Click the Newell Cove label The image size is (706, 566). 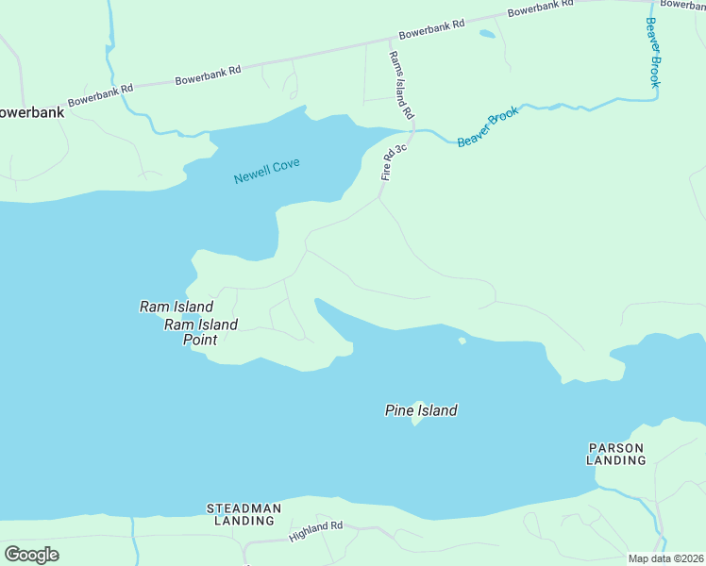click(267, 171)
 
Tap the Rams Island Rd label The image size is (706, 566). click(402, 85)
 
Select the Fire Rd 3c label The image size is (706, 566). click(394, 162)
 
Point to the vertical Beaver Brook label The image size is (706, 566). click(651, 53)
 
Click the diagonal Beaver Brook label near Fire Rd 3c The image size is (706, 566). click(488, 127)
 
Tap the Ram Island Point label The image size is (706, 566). click(201, 332)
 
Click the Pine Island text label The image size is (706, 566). click(421, 410)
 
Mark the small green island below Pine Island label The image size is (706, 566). click(415, 420)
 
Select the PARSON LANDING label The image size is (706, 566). click(616, 454)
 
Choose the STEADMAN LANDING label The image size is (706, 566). click(244, 514)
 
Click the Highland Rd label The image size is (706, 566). click(316, 532)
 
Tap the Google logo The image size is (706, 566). click(31, 555)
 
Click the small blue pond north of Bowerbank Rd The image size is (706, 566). click(487, 34)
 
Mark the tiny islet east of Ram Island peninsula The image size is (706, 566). click(462, 341)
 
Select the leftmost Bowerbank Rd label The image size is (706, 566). click(100, 93)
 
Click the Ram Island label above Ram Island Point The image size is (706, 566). click(176, 307)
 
